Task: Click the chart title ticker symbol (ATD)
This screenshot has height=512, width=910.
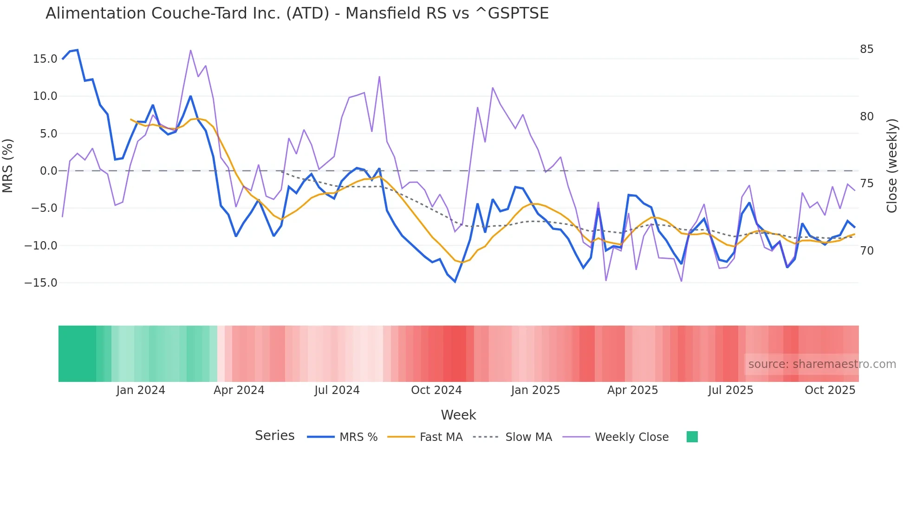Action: click(x=307, y=13)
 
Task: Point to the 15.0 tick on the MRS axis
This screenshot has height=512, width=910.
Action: click(x=45, y=59)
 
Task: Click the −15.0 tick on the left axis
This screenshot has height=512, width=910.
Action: click(x=41, y=283)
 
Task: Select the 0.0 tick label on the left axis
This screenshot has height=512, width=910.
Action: click(x=48, y=171)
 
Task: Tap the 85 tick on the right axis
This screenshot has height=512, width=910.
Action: click(x=866, y=49)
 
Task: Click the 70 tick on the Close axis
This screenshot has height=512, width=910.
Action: click(x=866, y=251)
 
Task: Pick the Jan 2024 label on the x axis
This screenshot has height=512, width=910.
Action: click(x=141, y=390)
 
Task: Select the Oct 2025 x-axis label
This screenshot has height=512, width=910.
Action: click(x=830, y=390)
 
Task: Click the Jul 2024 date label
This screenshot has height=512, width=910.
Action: click(x=337, y=390)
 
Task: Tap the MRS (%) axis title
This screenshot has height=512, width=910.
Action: click(x=8, y=165)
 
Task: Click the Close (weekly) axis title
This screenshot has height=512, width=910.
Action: click(x=892, y=166)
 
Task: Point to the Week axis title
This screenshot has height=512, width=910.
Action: click(x=458, y=415)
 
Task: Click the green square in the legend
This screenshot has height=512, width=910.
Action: click(x=692, y=437)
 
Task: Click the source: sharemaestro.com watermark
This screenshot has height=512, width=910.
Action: click(x=822, y=364)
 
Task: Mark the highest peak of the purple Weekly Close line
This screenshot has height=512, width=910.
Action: click(x=191, y=50)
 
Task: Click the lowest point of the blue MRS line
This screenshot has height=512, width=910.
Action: click(x=455, y=282)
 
